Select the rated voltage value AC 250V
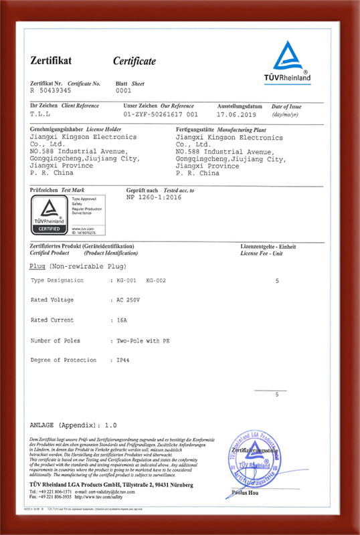(x=128, y=300)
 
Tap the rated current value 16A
(x=122, y=320)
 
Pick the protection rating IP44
(x=123, y=360)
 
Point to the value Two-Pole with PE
(x=143, y=340)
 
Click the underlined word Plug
(x=38, y=265)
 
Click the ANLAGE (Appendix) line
(x=74, y=425)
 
